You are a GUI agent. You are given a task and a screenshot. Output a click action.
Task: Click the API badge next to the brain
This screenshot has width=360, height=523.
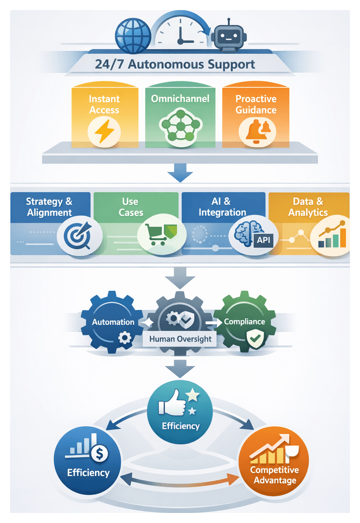point(263,240)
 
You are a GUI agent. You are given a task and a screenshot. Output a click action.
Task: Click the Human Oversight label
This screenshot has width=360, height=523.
point(180,339)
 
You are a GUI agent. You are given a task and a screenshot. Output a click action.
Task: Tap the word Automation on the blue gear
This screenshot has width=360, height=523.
point(113,322)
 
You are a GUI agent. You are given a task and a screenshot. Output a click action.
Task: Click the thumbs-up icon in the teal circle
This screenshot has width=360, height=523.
point(171,406)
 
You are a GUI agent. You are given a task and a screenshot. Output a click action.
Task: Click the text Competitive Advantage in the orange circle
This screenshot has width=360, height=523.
point(275,475)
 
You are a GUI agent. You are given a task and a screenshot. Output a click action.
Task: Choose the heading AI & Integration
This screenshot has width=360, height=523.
point(222,206)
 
